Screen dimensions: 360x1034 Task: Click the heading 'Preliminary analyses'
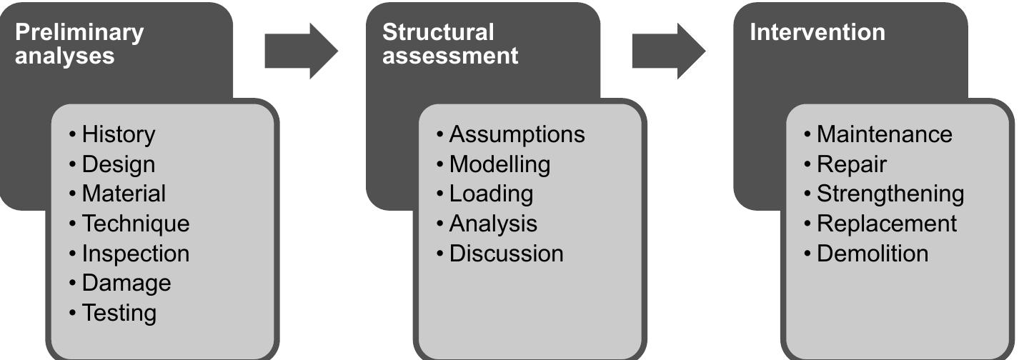point(79,44)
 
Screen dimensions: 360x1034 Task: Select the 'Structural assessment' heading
point(450,44)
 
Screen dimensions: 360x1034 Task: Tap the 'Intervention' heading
point(817,33)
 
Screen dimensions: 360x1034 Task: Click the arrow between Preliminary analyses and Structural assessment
point(301,51)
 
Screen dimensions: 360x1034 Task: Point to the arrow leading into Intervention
point(668,51)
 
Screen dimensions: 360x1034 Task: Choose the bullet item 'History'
point(118,134)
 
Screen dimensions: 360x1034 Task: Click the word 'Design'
point(118,164)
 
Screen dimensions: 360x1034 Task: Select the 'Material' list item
point(124,194)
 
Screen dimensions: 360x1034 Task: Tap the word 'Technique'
point(136,224)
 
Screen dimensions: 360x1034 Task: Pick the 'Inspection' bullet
point(136,254)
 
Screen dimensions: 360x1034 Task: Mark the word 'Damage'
point(126,283)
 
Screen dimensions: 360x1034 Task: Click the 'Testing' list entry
point(119,313)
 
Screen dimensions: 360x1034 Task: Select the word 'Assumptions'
point(517,134)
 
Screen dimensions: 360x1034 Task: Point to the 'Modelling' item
point(499,164)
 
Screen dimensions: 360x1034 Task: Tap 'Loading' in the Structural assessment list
point(491,194)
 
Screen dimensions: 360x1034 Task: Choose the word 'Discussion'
point(506,254)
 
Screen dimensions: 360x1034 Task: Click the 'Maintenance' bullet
point(884,134)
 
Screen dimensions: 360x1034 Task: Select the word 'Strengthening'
point(890,194)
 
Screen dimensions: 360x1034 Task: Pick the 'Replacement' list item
point(886,224)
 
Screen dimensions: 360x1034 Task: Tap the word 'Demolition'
point(873,254)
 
